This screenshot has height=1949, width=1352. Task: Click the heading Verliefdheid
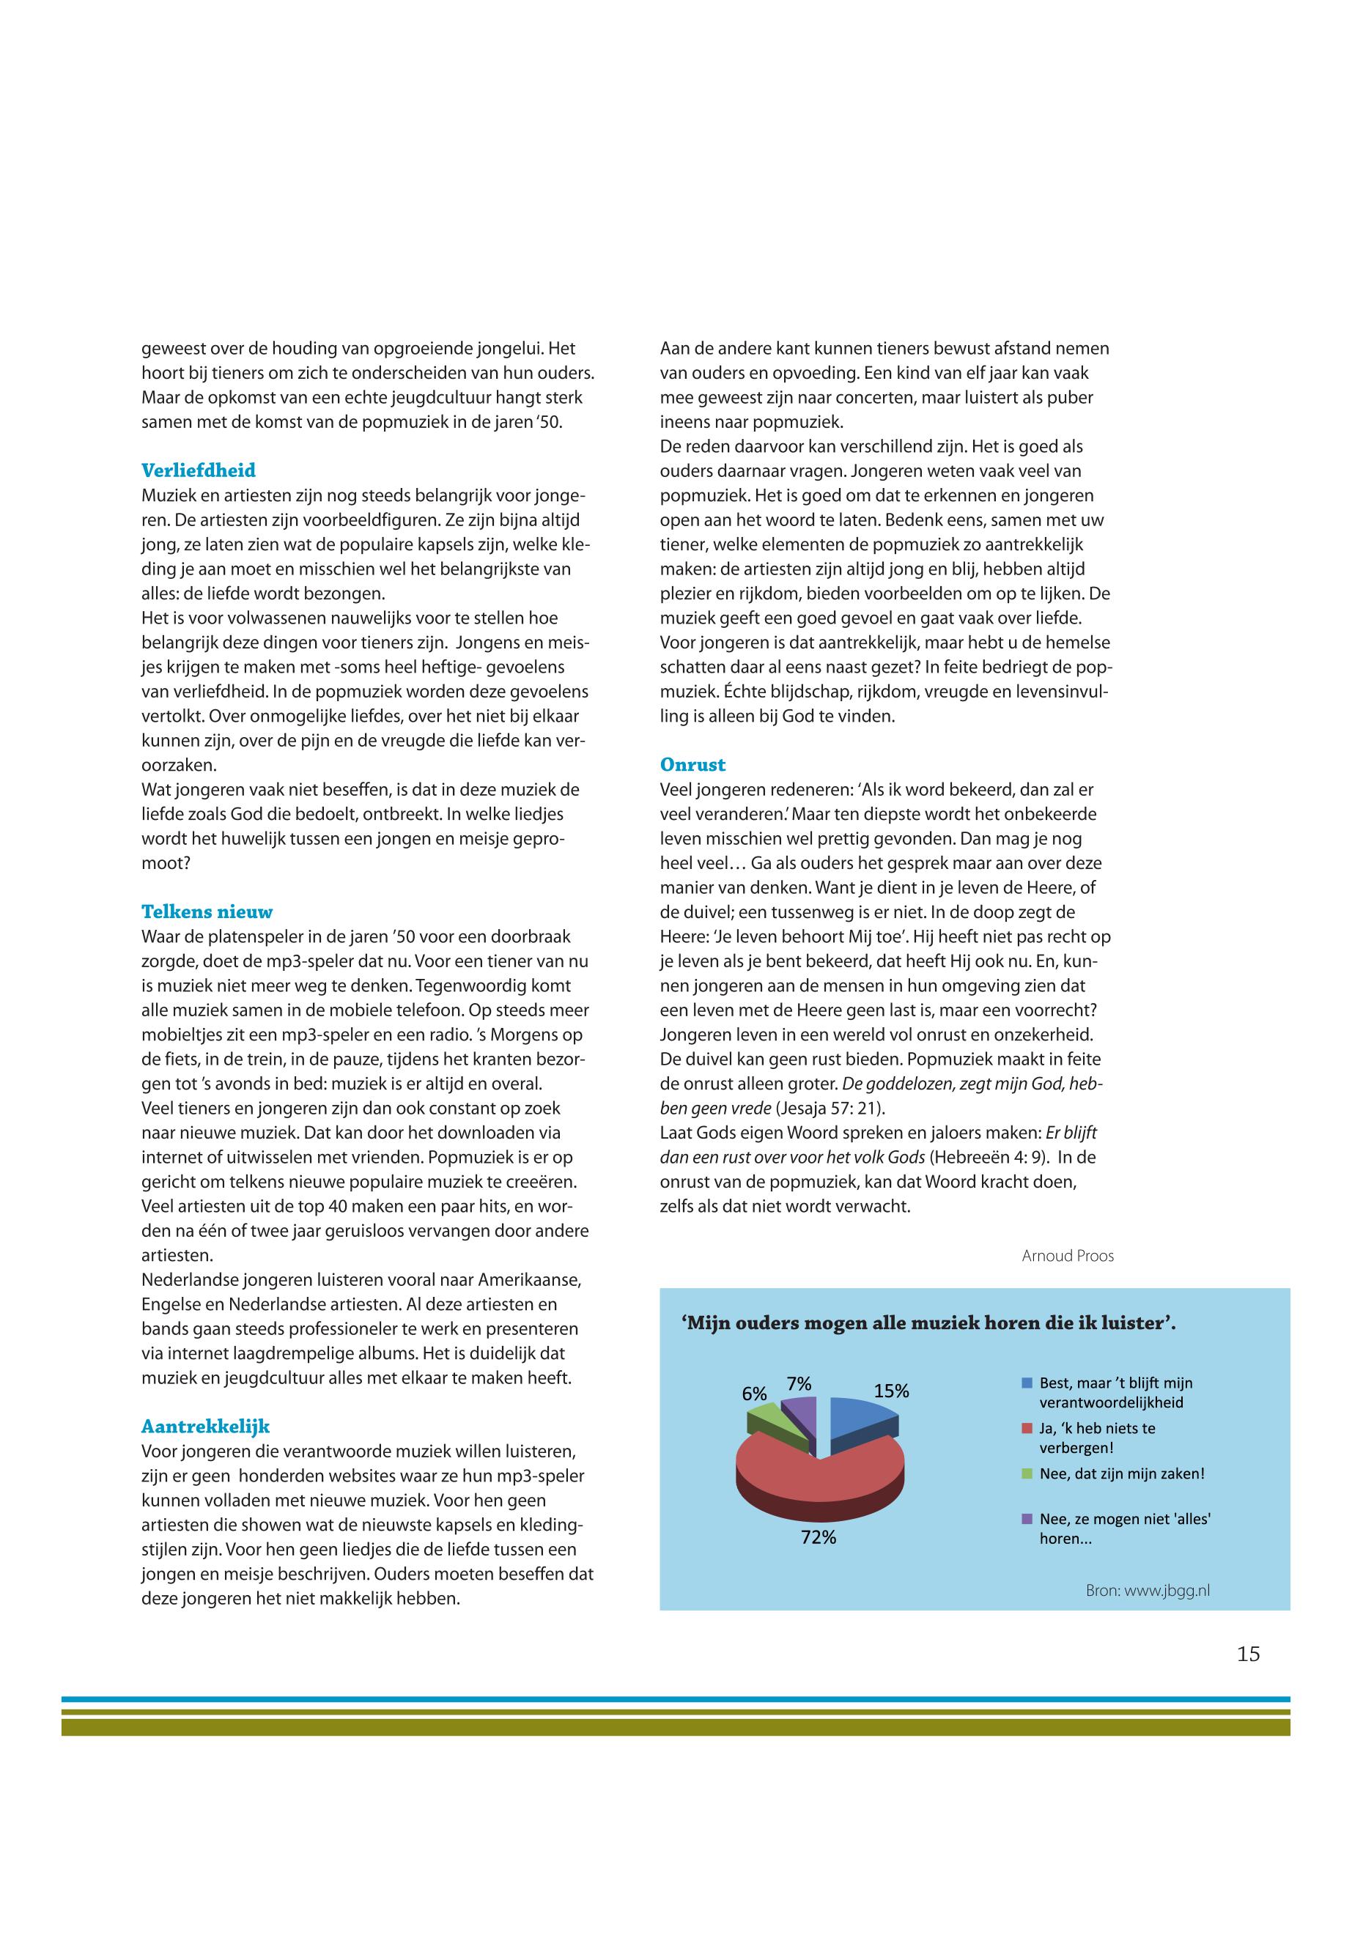(199, 470)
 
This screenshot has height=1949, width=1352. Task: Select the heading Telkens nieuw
(207, 911)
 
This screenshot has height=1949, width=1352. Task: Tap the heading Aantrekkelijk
(205, 1427)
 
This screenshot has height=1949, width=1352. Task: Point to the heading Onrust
(693, 764)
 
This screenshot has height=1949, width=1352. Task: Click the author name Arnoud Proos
(1068, 1255)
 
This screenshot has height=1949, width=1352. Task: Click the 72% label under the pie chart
(819, 1537)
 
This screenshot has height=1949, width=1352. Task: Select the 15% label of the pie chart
(891, 1391)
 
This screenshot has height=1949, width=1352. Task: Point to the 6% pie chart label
(754, 1394)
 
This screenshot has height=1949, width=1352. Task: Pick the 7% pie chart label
(799, 1384)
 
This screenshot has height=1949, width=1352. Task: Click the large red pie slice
(813, 1473)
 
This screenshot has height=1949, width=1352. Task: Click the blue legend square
(1027, 1383)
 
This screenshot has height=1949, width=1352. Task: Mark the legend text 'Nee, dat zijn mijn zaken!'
(1122, 1473)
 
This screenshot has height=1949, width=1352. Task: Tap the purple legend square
(1027, 1519)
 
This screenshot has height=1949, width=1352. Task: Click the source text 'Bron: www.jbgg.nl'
(1147, 1591)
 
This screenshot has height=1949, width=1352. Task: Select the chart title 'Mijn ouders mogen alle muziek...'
(928, 1323)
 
